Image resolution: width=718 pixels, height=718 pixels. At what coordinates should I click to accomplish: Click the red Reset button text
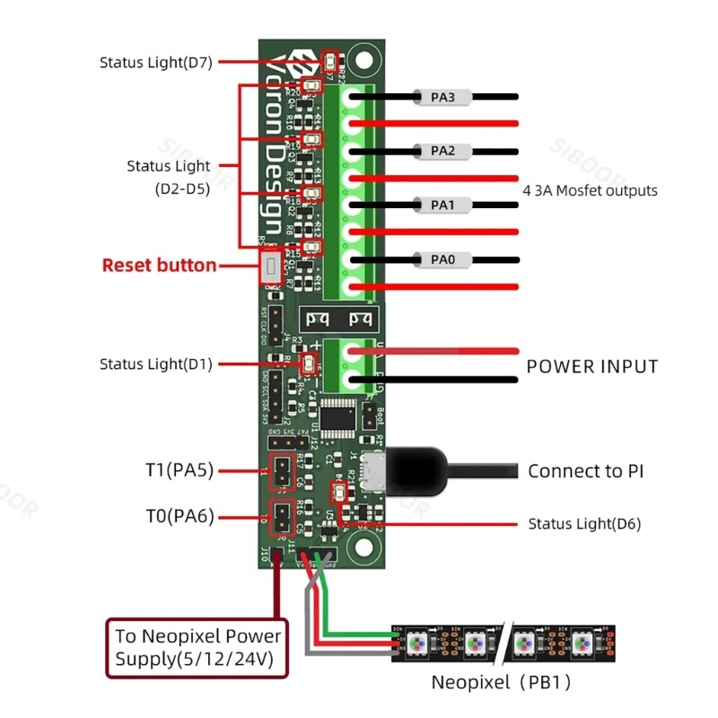tap(159, 266)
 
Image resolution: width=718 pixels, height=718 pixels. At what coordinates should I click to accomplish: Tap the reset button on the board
tap(268, 267)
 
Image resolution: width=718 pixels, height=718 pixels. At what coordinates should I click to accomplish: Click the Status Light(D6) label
tap(584, 523)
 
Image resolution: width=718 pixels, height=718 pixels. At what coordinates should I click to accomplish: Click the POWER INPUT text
tap(591, 366)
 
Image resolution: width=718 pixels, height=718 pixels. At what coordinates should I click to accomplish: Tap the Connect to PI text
tap(585, 471)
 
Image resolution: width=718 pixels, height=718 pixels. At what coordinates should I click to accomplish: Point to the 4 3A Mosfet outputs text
tap(590, 190)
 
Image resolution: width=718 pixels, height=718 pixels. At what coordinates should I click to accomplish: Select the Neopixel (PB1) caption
tap(501, 682)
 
